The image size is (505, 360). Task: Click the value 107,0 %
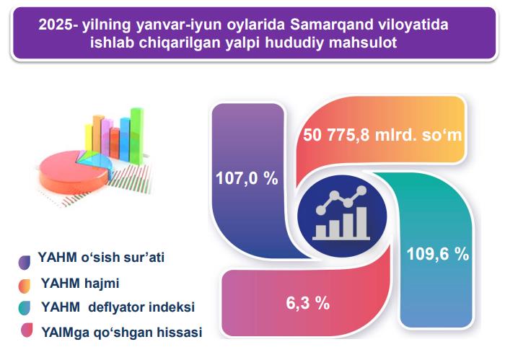(x=247, y=178)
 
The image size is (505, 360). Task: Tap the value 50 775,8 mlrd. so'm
(x=382, y=135)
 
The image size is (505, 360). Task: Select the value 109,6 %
(x=438, y=254)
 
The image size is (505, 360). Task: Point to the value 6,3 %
(x=308, y=303)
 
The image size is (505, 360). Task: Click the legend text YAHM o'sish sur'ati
(x=101, y=258)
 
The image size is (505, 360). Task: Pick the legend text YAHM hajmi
(x=80, y=284)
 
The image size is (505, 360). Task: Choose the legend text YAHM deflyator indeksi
(x=118, y=307)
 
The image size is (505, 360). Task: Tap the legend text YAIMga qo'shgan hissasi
(x=122, y=333)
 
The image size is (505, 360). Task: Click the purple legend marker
(x=25, y=263)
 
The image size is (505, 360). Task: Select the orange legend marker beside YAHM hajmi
(x=25, y=286)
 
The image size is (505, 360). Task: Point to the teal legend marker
(x=25, y=308)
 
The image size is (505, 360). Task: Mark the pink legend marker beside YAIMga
(x=27, y=330)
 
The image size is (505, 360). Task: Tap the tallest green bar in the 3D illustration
(x=137, y=136)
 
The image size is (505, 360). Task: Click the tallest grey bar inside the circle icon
(x=361, y=221)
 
